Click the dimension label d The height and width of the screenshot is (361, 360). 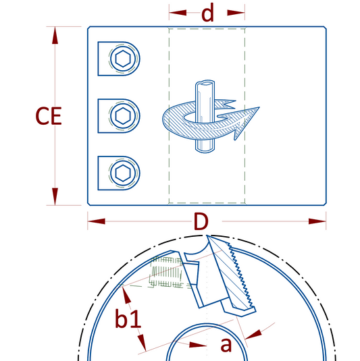[x=207, y=13]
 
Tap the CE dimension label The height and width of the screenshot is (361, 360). [x=49, y=116]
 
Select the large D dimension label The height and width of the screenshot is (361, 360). [x=201, y=221]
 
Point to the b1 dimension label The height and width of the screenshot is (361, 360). [x=128, y=318]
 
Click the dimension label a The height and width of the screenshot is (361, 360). [x=226, y=345]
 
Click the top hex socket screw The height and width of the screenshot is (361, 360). [x=123, y=59]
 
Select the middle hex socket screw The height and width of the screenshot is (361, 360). [x=123, y=116]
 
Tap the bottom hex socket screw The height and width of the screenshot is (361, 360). [x=123, y=173]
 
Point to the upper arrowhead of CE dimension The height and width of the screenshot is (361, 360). [x=55, y=35]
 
